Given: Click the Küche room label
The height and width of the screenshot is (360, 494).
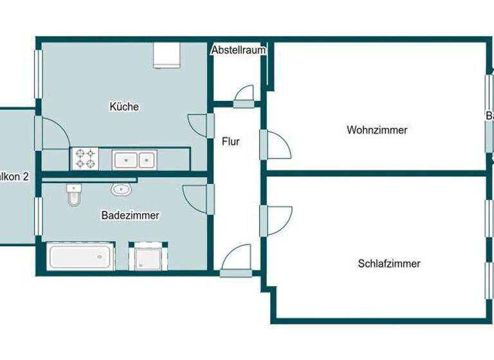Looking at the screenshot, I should [124, 107].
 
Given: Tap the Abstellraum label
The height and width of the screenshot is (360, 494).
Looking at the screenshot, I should [239, 50].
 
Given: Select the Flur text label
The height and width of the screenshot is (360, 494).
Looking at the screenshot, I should [230, 141].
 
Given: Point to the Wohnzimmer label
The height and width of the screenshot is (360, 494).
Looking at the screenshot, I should [377, 130].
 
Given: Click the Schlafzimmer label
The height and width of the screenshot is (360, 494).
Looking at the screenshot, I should [389, 264].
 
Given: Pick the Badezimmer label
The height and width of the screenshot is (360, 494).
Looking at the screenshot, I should [130, 216].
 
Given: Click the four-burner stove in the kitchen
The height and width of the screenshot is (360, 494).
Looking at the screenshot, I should [85, 158].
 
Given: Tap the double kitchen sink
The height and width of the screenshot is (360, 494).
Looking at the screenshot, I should [134, 158].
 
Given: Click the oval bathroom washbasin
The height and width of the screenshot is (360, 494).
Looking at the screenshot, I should [120, 189].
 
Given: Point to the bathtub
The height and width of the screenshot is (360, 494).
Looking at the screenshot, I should [81, 257].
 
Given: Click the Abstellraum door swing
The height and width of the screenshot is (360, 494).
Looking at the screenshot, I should [244, 96].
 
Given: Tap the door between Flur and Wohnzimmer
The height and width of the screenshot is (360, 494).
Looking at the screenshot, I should [277, 144].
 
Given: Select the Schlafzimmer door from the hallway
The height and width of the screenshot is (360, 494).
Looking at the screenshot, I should [277, 219].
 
